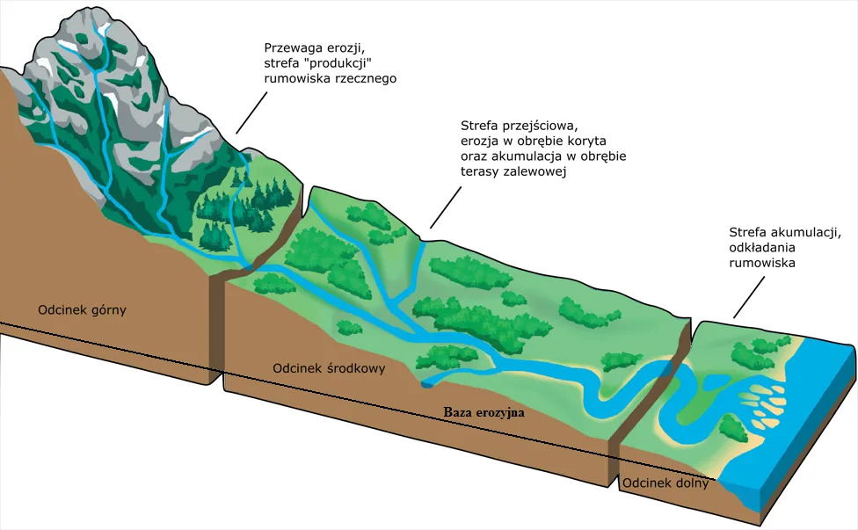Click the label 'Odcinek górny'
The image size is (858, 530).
click(82, 309)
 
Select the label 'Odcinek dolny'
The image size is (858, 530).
click(665, 483)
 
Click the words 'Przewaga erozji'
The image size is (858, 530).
click(313, 47)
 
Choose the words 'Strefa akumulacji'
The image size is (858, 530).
click(785, 232)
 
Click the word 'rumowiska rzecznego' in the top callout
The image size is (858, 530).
click(331, 78)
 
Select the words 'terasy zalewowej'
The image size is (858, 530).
click(512, 173)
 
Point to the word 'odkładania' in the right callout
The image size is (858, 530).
click(764, 248)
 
